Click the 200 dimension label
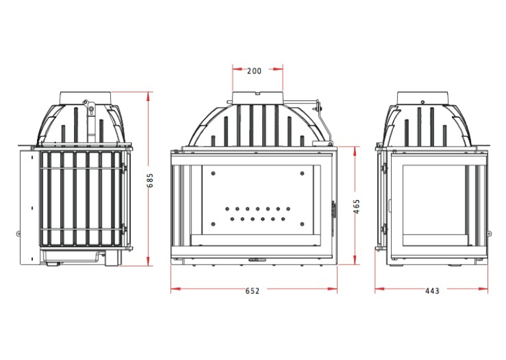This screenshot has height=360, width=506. coord(254,71)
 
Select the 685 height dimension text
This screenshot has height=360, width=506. coord(150,180)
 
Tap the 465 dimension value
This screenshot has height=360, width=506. coord(357,207)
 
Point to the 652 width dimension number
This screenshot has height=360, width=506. coord(252,291)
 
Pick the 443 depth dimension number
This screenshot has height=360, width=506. coord(432,291)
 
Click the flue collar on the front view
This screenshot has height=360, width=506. coord(258,97)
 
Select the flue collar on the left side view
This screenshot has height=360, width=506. coord(85,98)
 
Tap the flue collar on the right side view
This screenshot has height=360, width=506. coord(422,98)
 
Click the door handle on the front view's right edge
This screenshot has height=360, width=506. coord(334,209)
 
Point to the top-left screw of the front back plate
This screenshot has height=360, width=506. coord(213,174)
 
